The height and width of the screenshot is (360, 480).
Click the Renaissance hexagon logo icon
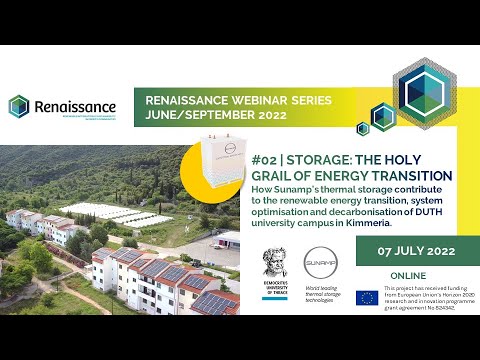[x=19, y=106]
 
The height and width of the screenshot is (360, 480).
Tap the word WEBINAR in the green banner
[x=248, y=101]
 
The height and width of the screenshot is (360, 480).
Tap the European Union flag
[x=367, y=298]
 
